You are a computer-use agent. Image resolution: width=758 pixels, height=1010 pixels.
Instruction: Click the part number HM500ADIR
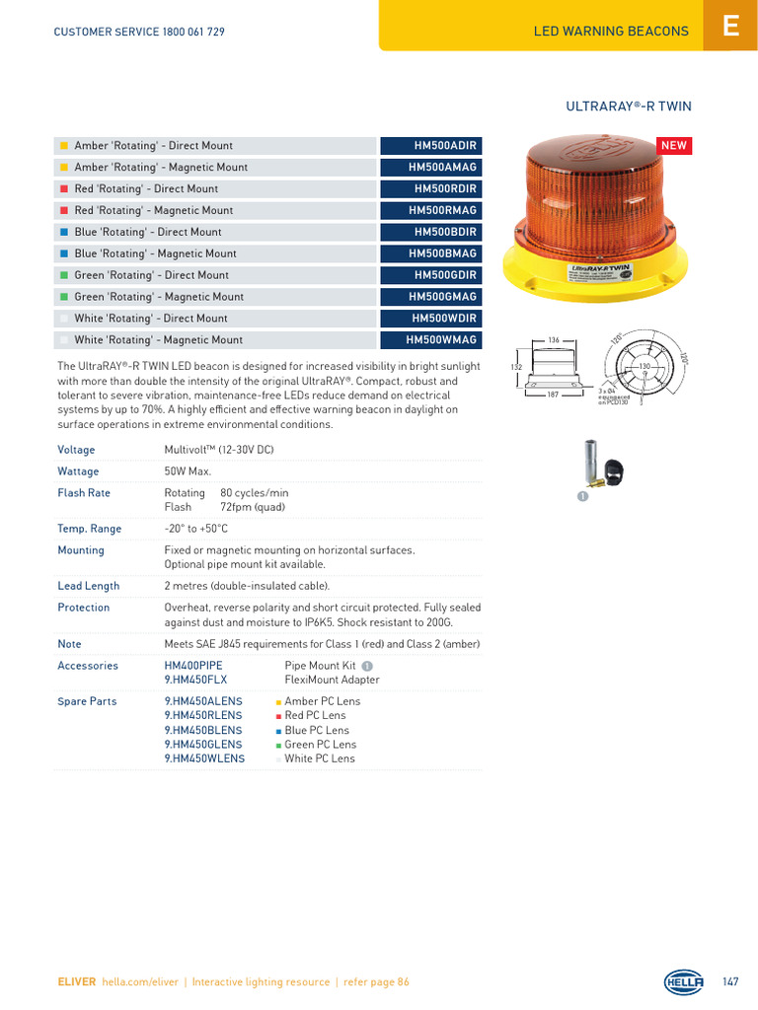click(x=431, y=146)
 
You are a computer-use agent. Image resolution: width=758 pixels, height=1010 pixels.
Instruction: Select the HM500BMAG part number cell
click(x=431, y=253)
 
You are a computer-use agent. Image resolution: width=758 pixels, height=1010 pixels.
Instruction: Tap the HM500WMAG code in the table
click(x=431, y=340)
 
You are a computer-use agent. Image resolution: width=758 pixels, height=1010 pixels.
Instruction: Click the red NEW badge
click(x=674, y=146)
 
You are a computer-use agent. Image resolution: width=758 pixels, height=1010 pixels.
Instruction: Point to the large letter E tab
click(x=730, y=27)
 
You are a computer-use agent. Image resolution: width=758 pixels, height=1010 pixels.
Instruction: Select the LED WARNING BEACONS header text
click(x=611, y=32)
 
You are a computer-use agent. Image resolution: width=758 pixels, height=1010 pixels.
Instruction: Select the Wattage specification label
click(x=78, y=471)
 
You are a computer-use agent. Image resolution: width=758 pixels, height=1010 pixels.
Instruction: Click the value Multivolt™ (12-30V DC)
click(x=218, y=450)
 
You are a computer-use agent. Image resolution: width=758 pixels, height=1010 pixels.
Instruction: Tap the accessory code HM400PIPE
click(x=193, y=666)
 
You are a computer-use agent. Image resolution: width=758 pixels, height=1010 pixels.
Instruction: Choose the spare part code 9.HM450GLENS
click(x=204, y=745)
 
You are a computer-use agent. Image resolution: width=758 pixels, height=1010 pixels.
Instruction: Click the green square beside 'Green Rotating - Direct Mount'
click(x=63, y=275)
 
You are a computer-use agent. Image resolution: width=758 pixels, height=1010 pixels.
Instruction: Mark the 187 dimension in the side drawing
click(x=554, y=395)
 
